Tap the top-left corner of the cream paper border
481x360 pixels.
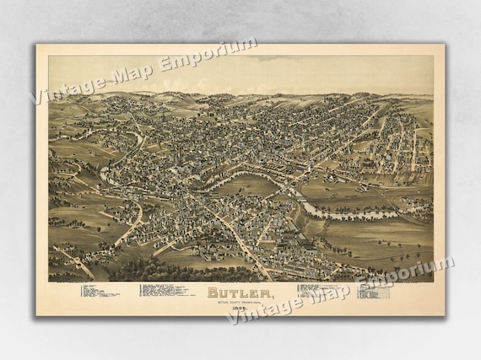[37, 46]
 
